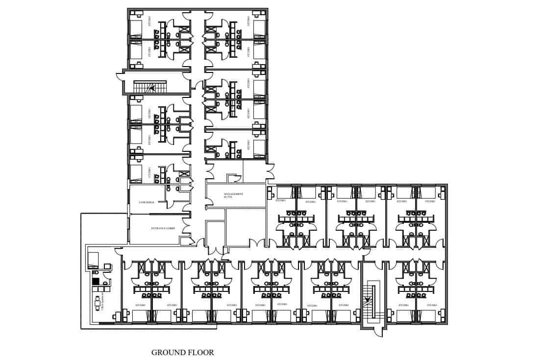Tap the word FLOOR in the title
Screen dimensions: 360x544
point(201,352)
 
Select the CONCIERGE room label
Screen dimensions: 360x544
point(147,202)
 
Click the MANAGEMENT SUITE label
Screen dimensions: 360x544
point(233,195)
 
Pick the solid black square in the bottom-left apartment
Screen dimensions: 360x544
point(96,281)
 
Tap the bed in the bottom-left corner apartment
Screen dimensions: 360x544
point(93,260)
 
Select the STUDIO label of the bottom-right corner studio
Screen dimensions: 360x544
point(430,305)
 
